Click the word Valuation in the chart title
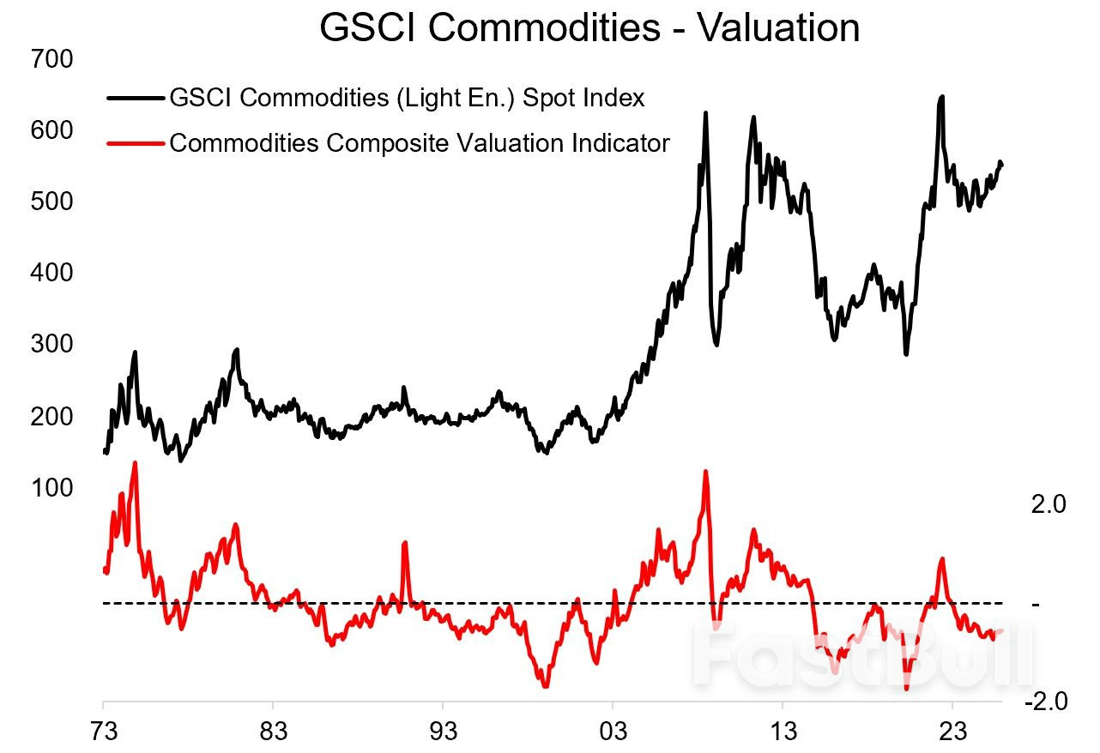778,27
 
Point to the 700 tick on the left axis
51,59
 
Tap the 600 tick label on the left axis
51,130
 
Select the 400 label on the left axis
51,273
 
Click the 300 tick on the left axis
51,344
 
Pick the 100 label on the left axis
51,487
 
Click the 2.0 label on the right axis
1048,504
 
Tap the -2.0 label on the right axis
1045,702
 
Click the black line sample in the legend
135,99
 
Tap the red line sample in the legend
135,142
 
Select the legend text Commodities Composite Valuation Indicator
419,142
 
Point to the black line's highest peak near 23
941,97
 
